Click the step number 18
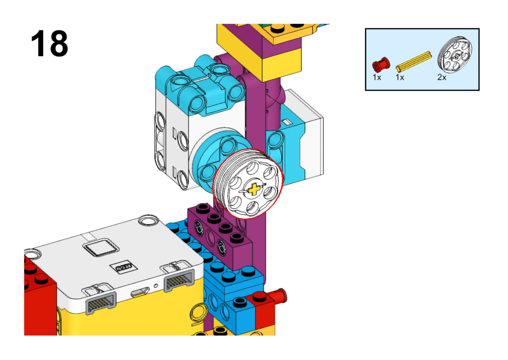(49, 44)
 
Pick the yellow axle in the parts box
(414, 61)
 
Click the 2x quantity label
(442, 77)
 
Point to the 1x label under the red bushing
(377, 77)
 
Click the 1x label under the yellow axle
(400, 77)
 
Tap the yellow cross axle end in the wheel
(254, 189)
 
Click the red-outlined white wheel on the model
(248, 184)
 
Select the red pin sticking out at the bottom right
(281, 296)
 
